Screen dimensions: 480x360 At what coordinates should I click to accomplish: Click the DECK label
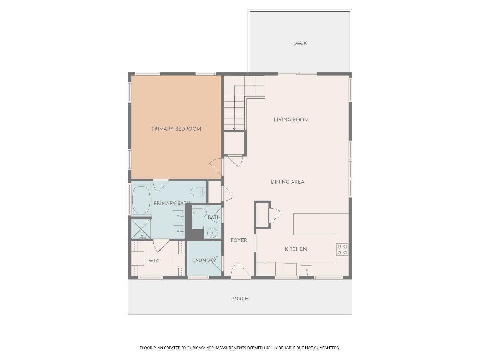click(x=300, y=44)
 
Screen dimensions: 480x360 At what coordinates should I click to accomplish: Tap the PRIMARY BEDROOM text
click(x=176, y=129)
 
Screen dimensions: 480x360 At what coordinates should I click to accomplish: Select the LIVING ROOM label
click(x=291, y=120)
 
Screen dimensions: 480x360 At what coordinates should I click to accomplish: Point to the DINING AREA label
click(x=287, y=182)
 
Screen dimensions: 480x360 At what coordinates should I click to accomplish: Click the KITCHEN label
click(x=296, y=249)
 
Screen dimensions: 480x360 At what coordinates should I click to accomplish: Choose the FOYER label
click(x=239, y=240)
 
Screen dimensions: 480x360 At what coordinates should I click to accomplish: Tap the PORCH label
click(x=240, y=299)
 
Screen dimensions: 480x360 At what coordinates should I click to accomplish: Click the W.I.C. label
click(x=154, y=261)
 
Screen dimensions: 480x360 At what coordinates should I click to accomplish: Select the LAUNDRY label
click(x=204, y=260)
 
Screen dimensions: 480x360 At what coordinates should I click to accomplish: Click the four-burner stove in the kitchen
click(x=342, y=249)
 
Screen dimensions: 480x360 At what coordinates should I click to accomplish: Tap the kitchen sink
click(x=306, y=270)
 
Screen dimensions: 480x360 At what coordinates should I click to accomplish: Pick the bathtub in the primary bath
click(x=141, y=199)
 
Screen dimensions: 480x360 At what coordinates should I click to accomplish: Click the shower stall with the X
click(x=141, y=228)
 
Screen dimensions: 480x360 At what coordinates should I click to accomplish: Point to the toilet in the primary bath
click(x=198, y=192)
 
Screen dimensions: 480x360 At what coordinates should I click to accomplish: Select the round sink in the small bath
click(x=212, y=233)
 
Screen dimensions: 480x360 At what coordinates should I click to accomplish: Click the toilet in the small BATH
click(x=199, y=213)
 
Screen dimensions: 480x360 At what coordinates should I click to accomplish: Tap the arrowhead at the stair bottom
click(x=234, y=129)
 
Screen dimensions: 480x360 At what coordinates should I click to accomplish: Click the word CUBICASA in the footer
click(x=196, y=348)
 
